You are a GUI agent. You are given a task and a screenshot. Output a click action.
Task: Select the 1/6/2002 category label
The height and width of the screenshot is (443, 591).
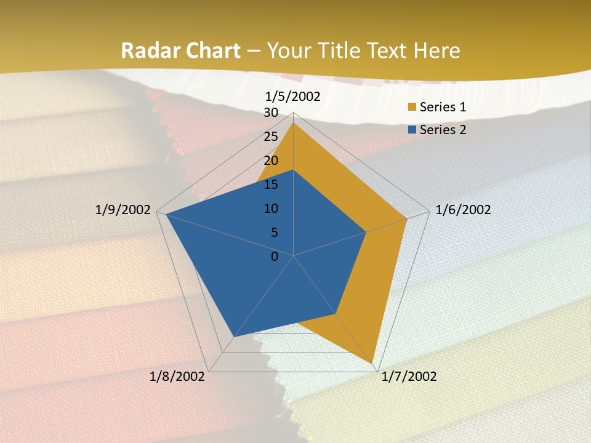463,210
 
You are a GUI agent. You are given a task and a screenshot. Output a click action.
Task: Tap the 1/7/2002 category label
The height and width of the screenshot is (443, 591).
409,377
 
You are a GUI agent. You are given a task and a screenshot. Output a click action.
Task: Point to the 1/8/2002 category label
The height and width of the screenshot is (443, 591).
177,377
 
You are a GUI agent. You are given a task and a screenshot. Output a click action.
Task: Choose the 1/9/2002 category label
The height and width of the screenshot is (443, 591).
123,210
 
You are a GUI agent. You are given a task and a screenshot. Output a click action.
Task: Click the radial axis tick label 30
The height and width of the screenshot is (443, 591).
271,113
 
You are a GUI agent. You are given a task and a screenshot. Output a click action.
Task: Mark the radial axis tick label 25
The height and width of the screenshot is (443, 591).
271,137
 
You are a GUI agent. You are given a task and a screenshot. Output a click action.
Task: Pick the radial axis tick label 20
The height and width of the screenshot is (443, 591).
271,161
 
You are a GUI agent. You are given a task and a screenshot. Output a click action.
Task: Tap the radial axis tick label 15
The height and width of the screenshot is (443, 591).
271,185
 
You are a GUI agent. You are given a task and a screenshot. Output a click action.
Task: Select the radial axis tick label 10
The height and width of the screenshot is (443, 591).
271,209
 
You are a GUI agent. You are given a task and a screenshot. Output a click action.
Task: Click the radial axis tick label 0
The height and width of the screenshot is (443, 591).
275,257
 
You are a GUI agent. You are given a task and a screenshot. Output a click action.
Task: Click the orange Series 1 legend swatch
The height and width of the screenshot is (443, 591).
412,108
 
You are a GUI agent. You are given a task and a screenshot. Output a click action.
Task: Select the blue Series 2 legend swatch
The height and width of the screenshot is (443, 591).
412,130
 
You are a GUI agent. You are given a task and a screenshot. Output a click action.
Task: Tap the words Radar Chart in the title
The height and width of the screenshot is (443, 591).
180,50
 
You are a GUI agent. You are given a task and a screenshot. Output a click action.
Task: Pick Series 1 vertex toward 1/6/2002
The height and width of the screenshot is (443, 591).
407,218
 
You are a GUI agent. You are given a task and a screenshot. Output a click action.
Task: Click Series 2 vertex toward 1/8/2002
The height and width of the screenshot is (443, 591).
233,337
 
